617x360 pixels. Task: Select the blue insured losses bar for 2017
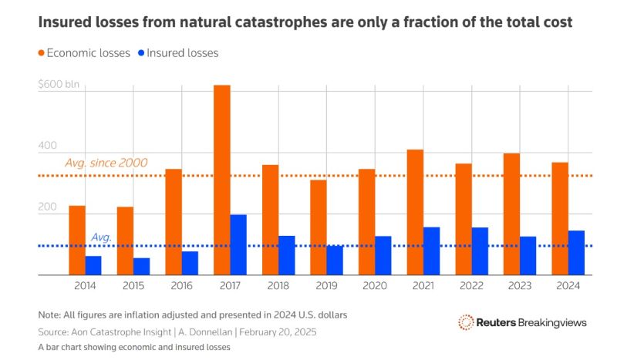point(238,244)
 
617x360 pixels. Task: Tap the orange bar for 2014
point(77,240)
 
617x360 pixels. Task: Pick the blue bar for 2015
point(142,266)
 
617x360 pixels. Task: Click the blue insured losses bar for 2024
point(576,252)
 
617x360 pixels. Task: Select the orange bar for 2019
point(319,227)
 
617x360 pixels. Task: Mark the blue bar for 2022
point(480,251)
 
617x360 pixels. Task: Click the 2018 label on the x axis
point(278,285)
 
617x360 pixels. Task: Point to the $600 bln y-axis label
point(59,84)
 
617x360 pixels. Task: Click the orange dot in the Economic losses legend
point(42,53)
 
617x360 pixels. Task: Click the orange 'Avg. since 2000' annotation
point(106,163)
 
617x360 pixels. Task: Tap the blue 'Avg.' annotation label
point(102,237)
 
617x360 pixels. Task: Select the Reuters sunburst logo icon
point(465,322)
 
